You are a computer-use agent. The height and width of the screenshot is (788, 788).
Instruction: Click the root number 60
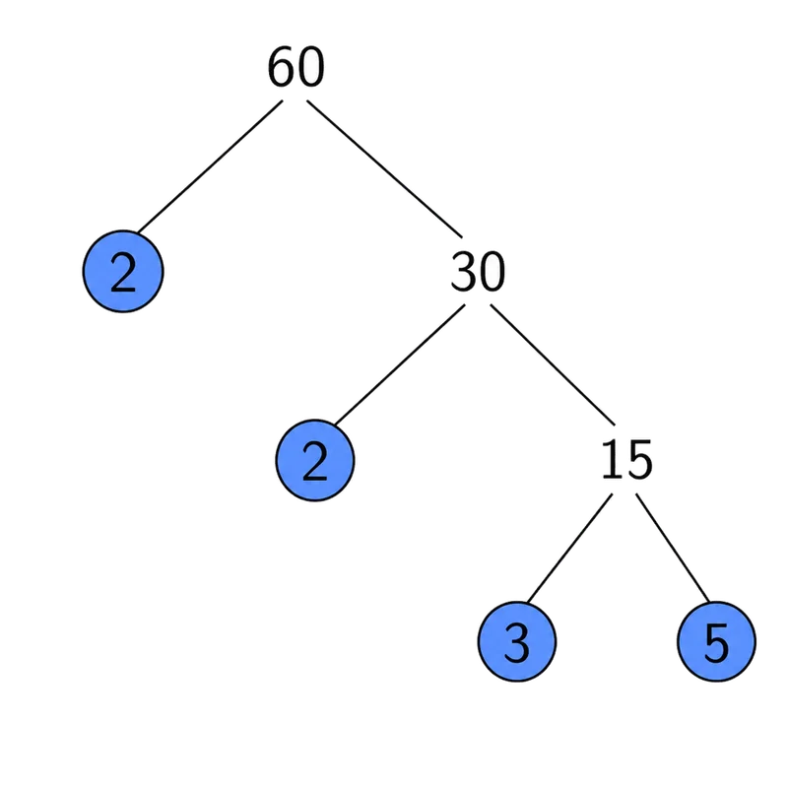[x=296, y=67]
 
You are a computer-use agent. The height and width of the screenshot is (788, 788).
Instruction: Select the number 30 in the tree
[x=478, y=272]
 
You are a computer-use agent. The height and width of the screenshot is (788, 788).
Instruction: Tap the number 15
[x=627, y=459]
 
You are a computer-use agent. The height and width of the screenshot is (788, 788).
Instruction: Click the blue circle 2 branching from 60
[x=123, y=272]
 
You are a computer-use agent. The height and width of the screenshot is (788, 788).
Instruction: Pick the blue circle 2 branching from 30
[x=315, y=460]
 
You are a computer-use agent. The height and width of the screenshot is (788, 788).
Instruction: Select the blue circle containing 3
[x=516, y=642]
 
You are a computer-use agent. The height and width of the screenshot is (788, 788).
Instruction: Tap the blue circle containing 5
[x=717, y=642]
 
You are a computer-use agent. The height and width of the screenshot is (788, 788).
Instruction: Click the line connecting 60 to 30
[x=384, y=168]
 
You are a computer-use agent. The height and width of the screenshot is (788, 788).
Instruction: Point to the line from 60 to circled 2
[x=210, y=166]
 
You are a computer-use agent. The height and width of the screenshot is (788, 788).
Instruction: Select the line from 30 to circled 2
[x=400, y=364]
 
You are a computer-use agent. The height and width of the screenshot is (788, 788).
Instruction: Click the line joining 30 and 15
[x=553, y=364]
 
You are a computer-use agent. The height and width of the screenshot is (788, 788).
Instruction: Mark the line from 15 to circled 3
[x=570, y=548]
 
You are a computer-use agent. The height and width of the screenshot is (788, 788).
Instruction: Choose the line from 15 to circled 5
[x=673, y=548]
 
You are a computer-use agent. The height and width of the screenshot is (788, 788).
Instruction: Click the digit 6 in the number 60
[x=281, y=67]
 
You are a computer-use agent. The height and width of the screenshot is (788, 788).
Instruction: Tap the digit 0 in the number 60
[x=311, y=67]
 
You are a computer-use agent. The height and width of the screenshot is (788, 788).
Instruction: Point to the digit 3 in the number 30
[x=463, y=272]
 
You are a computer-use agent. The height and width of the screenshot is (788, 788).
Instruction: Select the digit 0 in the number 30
[x=492, y=272]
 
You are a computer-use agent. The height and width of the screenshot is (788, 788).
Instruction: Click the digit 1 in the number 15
[x=612, y=458]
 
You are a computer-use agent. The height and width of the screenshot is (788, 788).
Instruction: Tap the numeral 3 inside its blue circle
[x=516, y=642]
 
